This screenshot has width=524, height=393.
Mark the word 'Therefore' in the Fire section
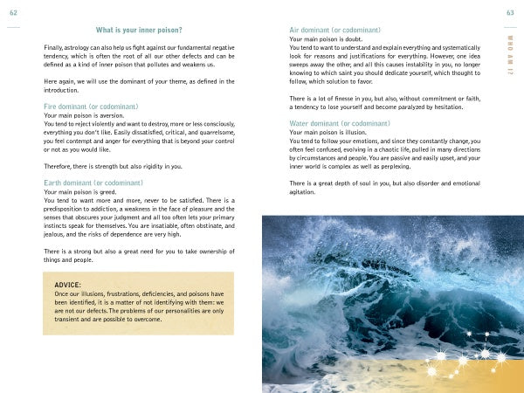pyautogui.click(x=60, y=165)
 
